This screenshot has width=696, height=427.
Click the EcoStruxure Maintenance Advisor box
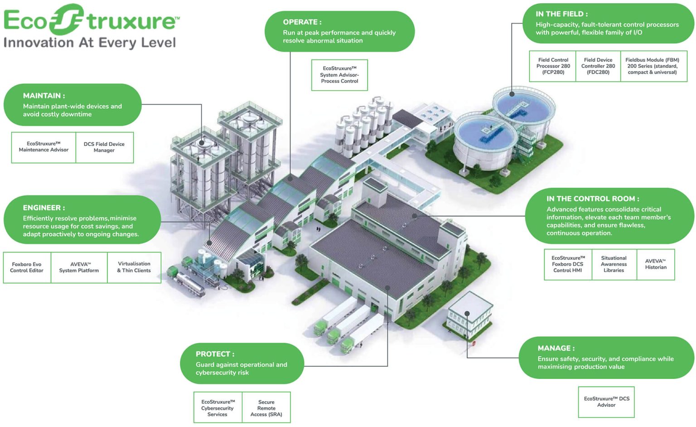click(43, 147)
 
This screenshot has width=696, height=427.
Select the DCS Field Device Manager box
click(104, 147)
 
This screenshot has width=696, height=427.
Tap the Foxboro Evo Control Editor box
click(27, 267)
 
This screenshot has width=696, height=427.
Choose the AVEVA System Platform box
click(79, 267)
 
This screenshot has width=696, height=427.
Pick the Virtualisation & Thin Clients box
click(134, 267)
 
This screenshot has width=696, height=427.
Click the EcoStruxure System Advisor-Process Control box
click(339, 75)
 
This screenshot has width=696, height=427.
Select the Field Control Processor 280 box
click(553, 66)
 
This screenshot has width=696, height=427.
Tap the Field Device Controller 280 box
click(598, 66)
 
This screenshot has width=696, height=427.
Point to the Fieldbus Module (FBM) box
click(652, 66)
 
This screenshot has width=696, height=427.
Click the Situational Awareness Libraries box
click(614, 264)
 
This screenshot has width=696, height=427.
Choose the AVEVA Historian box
click(656, 264)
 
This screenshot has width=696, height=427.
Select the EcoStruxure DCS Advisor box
click(606, 402)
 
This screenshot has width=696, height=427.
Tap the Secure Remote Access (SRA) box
click(266, 408)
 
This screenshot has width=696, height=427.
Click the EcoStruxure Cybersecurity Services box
click(218, 408)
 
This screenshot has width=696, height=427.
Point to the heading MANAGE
click(555, 348)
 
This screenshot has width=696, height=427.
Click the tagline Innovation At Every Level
click(90, 43)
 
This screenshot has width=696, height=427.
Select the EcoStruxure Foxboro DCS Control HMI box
click(568, 264)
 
